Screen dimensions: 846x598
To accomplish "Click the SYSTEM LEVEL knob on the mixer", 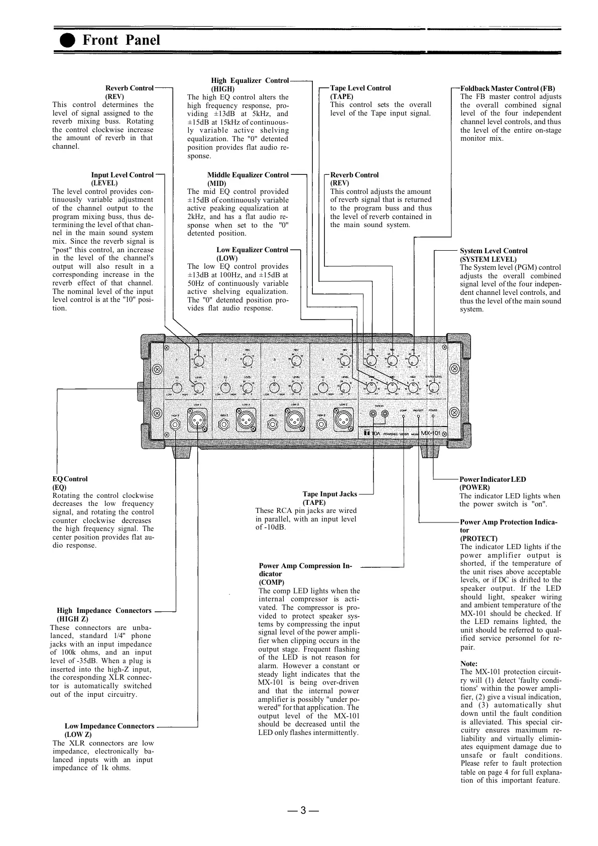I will (x=434, y=388).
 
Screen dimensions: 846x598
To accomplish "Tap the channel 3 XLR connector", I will (x=294, y=418).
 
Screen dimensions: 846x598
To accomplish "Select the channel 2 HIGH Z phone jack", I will (x=224, y=425).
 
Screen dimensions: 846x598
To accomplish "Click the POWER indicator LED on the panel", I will (x=433, y=416).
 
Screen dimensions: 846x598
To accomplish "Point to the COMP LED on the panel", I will (x=403, y=416).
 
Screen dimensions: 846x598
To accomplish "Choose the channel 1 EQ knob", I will (x=177, y=388).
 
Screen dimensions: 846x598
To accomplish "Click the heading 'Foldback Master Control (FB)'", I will (x=508, y=88).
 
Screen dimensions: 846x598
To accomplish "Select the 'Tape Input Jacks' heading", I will (x=330, y=494).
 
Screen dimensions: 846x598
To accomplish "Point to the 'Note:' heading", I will (x=469, y=664).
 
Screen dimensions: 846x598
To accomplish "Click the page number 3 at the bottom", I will (x=302, y=810).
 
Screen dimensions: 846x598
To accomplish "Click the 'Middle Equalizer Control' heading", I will (x=248, y=175).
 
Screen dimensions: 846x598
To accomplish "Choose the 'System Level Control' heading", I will (x=494, y=251).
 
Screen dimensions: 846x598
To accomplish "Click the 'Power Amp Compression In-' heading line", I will (x=305, y=566).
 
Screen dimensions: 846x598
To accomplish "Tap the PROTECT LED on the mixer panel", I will (x=418, y=416).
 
